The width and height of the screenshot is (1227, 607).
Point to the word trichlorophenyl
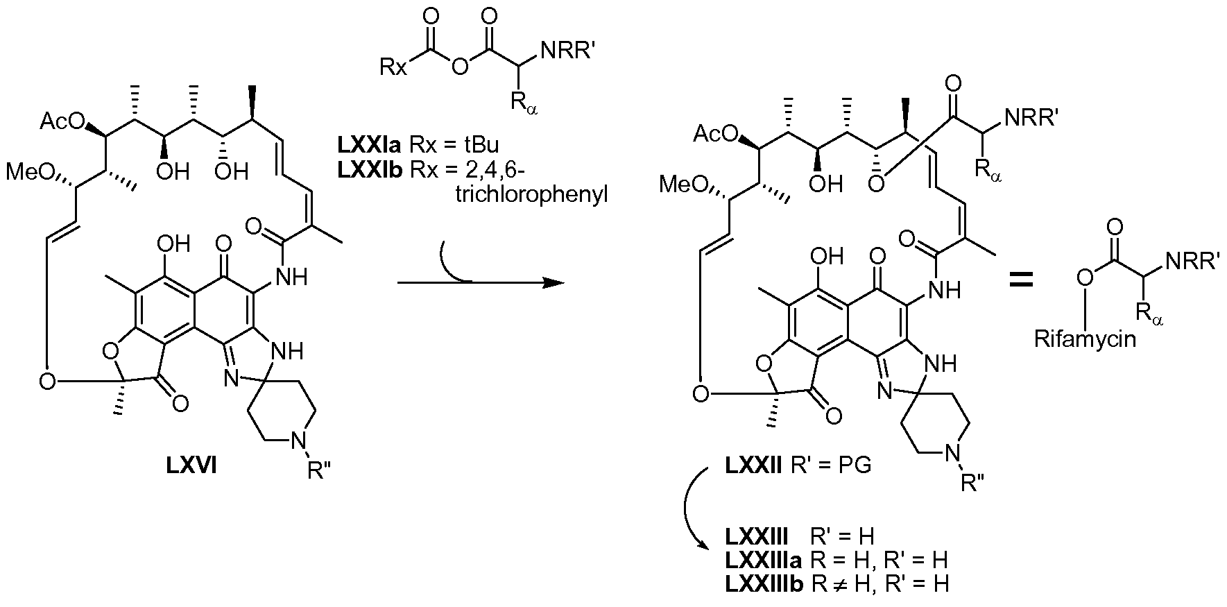pyautogui.click(x=531, y=195)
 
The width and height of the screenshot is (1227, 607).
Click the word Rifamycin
pyautogui.click(x=1086, y=340)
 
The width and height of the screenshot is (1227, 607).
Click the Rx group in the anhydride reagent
pyautogui.click(x=392, y=67)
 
